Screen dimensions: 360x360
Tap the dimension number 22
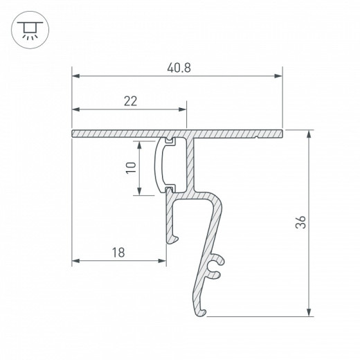[129, 101]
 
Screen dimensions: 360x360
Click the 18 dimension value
[118, 253]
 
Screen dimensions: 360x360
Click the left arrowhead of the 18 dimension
[76, 262]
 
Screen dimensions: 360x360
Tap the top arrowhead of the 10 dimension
[140, 145]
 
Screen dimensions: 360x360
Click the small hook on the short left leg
[177, 239]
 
